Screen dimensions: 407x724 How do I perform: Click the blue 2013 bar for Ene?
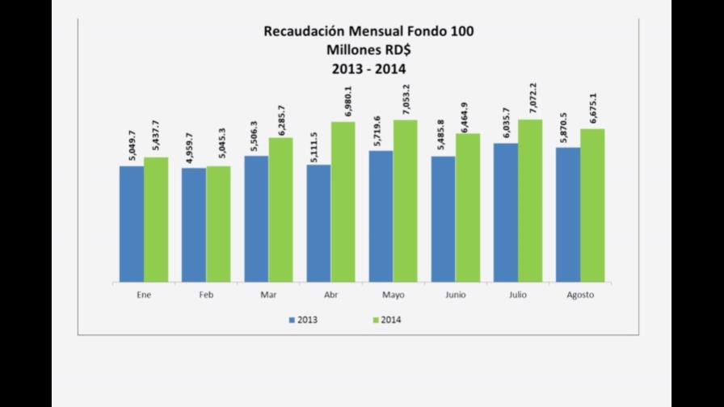tap(132, 224)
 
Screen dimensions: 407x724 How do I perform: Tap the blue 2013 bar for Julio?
tap(506, 212)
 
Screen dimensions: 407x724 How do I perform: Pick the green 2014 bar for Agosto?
tap(592, 205)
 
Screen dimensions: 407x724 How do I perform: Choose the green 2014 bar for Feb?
tap(218, 224)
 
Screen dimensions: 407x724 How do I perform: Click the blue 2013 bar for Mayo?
tap(381, 216)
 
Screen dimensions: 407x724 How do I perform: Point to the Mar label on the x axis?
tap(268, 295)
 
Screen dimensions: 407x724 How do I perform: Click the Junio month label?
tap(456, 295)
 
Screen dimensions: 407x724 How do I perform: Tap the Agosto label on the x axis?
tap(580, 295)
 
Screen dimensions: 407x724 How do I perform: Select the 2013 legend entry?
tap(303, 320)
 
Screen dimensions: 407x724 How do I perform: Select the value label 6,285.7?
tap(280, 118)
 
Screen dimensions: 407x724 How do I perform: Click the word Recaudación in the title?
tap(304, 31)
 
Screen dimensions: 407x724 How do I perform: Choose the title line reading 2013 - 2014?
tap(368, 68)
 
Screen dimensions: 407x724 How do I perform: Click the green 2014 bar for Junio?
tap(468, 208)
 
